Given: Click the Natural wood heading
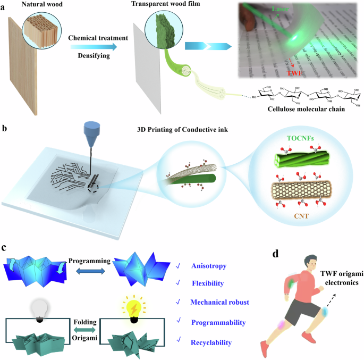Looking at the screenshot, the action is pos(42,5).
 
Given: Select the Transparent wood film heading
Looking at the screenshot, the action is pos(159,5).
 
